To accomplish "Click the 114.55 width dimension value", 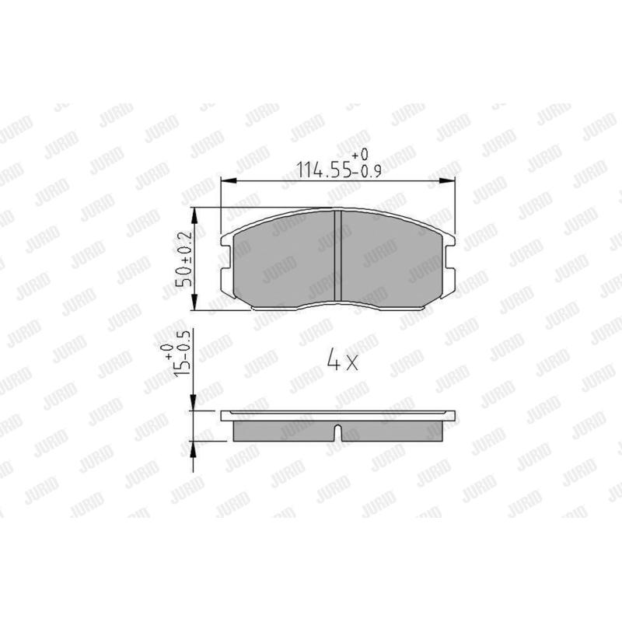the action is [324, 170].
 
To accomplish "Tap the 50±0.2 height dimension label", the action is [184, 259].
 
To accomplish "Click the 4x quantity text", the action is [342, 360].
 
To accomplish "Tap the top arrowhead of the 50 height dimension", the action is [194, 215].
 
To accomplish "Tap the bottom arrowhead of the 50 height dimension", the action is [194, 302].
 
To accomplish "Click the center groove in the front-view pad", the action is [338, 256].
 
